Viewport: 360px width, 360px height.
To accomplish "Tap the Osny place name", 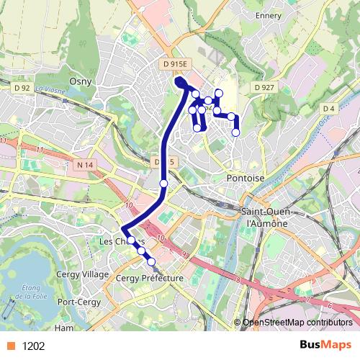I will (x=79, y=81).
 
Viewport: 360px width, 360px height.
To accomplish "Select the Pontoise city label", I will (x=246, y=177).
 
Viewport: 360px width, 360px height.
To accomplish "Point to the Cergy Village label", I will (x=82, y=275).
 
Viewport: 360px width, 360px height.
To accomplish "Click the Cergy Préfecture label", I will (x=149, y=277).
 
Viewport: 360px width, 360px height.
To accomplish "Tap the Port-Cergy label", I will (x=77, y=302).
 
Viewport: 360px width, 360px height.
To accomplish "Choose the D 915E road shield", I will (x=175, y=64).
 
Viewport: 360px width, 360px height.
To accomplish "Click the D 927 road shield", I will (x=264, y=87).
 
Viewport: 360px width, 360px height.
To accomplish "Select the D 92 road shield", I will (x=22, y=88).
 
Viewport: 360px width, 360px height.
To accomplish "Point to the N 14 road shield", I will (x=84, y=165).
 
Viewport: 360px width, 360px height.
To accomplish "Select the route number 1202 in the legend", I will (x=33, y=346).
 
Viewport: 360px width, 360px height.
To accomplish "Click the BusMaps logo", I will (x=325, y=345).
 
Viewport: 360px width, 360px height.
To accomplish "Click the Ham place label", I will (x=64, y=328).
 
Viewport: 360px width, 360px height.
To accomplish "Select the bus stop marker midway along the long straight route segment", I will (x=163, y=184).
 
